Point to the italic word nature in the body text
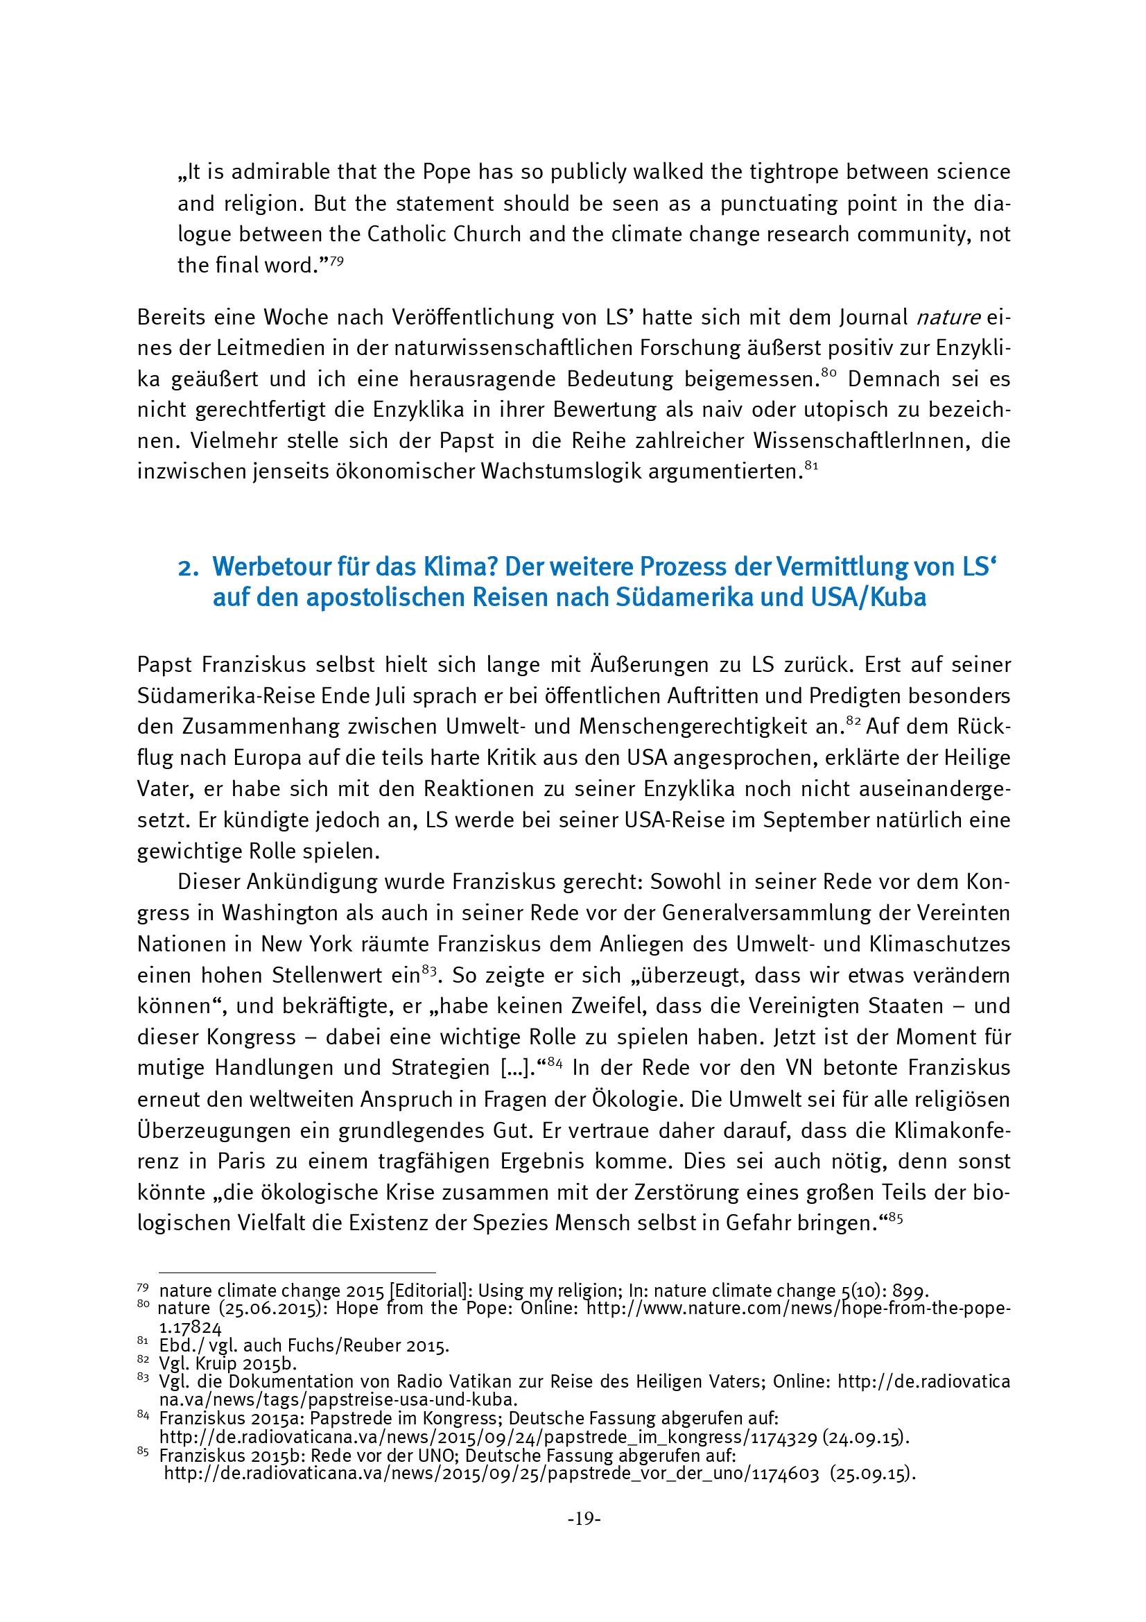coord(948,318)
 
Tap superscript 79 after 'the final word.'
coord(337,261)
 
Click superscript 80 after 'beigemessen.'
coord(828,374)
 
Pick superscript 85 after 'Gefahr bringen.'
coord(895,1217)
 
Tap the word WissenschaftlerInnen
coord(862,441)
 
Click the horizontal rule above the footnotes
coord(297,1272)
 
